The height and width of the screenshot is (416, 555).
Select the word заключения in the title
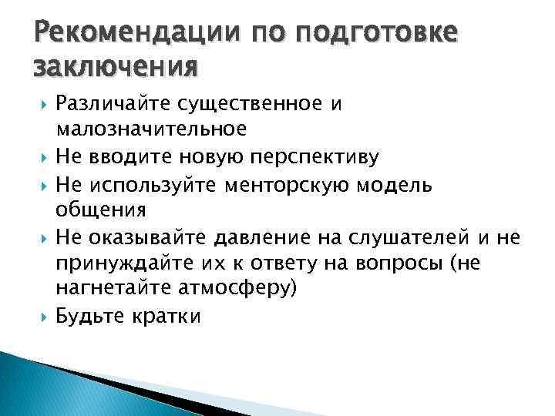coord(115,68)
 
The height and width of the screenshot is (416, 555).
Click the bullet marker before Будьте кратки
coord(39,317)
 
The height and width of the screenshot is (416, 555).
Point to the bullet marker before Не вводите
coord(39,157)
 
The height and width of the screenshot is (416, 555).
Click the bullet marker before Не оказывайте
coord(39,237)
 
